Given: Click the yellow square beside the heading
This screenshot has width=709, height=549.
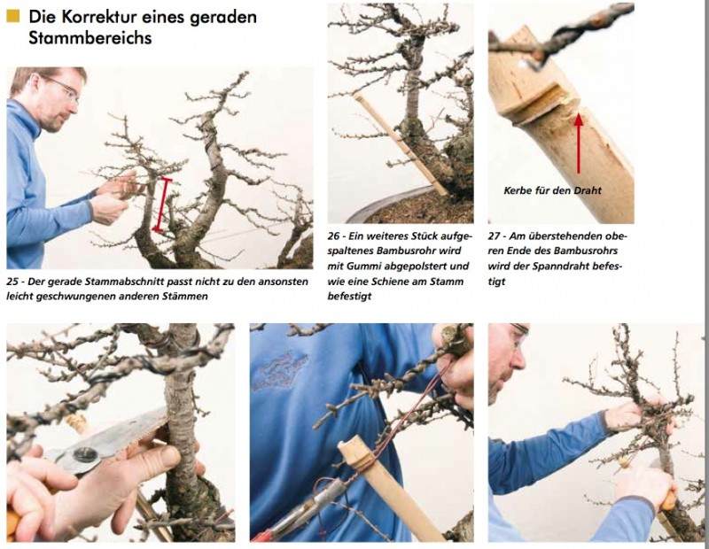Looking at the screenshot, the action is [x=13, y=16].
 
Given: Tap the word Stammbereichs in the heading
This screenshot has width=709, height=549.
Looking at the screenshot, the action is [x=90, y=38].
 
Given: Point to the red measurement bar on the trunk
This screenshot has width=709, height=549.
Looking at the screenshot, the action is [x=162, y=205].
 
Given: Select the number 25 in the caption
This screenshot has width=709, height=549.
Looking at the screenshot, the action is [x=13, y=282].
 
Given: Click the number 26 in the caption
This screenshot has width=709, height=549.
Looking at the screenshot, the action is [x=334, y=236].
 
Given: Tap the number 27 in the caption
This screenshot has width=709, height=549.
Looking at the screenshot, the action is [x=495, y=236].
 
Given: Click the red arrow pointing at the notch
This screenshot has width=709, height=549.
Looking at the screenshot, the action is [x=579, y=143].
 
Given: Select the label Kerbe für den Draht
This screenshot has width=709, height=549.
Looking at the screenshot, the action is [x=552, y=190].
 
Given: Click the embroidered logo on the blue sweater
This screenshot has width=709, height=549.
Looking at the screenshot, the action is [x=280, y=371].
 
